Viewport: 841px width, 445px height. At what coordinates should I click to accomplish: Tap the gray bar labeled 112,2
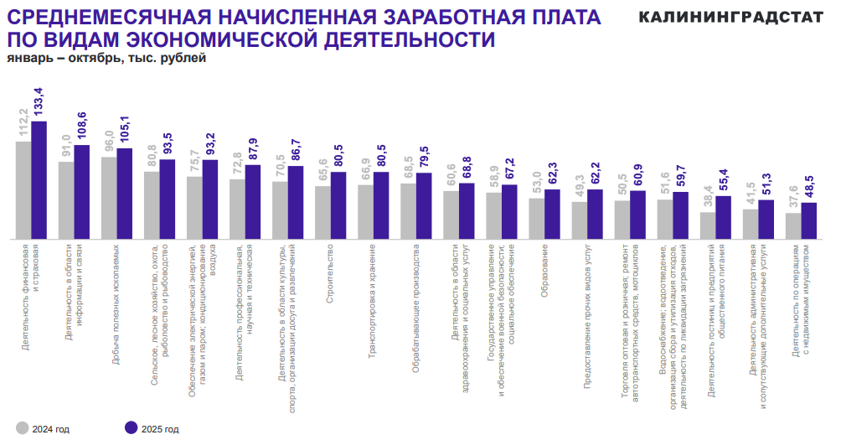click(x=23, y=189)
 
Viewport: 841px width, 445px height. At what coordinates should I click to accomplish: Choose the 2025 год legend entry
click(x=151, y=428)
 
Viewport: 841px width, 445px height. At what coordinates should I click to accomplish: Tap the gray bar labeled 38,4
click(x=708, y=225)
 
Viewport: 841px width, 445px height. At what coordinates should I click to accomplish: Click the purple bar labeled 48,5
click(x=808, y=220)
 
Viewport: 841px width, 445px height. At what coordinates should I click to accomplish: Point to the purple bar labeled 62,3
click(x=553, y=214)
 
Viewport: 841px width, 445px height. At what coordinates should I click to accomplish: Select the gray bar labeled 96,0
click(x=109, y=197)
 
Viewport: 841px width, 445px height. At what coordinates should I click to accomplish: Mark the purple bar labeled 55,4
click(x=724, y=217)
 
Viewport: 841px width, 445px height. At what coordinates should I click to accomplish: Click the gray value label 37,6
click(x=792, y=194)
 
